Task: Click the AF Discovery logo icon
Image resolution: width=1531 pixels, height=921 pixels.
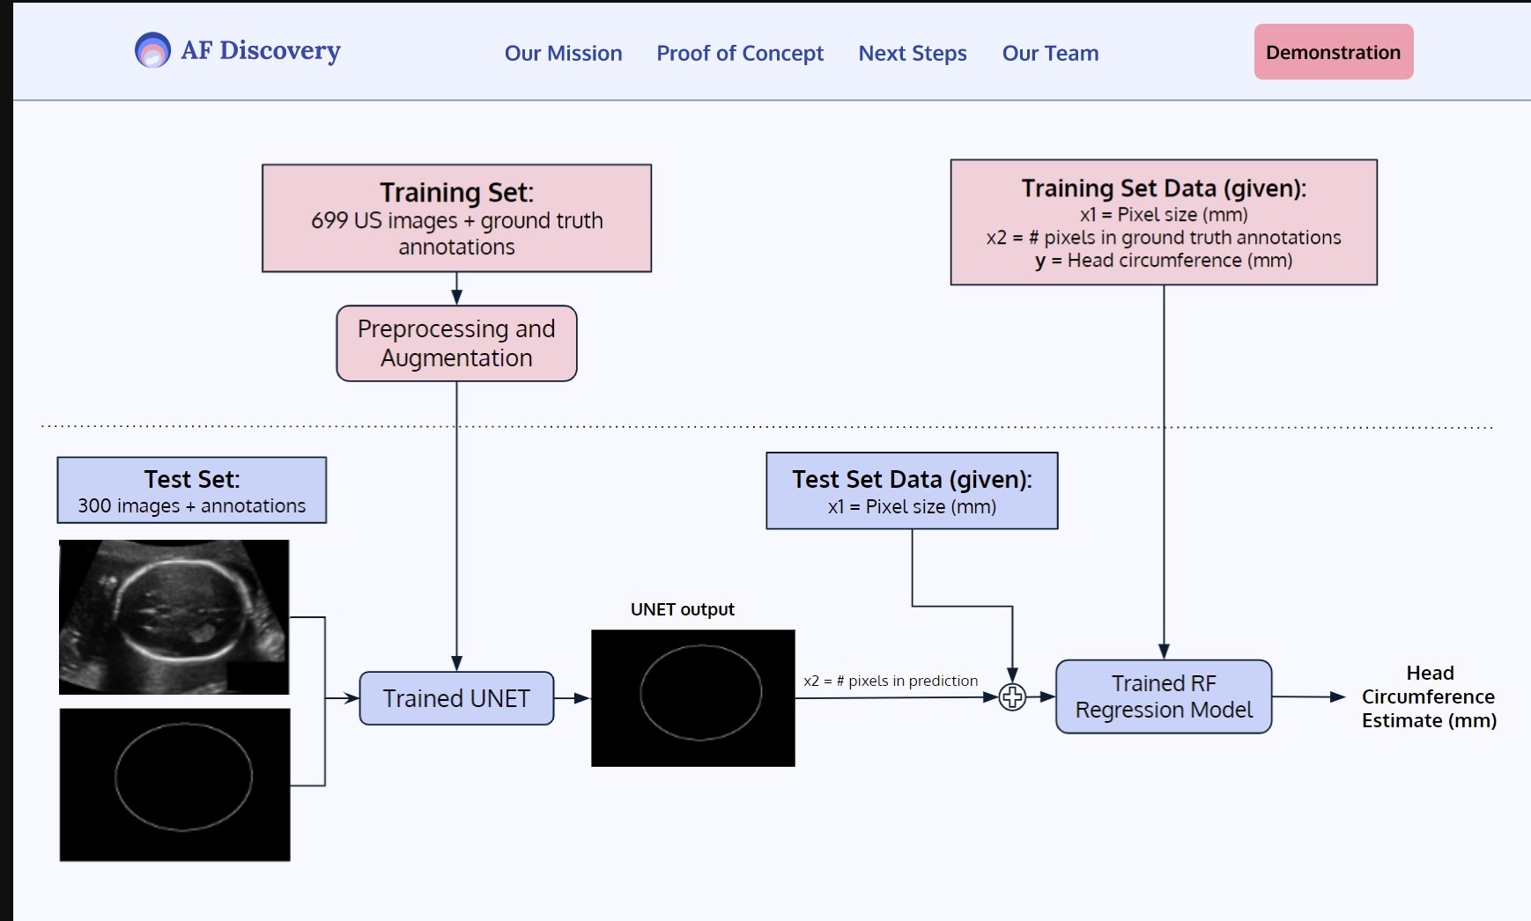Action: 152,50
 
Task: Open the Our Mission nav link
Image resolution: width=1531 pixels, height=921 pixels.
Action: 563,53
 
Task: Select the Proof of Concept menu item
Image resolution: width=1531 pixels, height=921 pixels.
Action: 740,53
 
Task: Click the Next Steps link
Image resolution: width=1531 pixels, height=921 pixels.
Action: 913,53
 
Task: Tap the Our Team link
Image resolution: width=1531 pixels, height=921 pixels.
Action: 1050,53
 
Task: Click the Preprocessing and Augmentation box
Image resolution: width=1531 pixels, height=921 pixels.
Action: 456,343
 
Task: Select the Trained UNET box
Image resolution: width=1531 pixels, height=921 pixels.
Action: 456,698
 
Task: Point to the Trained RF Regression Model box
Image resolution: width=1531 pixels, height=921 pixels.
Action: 1164,696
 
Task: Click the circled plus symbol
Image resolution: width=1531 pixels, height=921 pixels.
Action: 1012,697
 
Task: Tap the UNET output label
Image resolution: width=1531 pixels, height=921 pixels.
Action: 682,609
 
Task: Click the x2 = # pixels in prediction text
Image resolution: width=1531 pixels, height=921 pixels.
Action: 891,681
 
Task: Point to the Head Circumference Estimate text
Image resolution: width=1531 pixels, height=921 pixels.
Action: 1429,696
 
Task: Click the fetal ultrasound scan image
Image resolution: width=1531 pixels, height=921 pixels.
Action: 174,616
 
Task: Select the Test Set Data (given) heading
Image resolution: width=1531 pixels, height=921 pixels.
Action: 912,479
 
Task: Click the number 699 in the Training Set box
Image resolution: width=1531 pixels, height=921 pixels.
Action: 329,220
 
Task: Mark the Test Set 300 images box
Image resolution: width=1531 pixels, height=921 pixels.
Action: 192,490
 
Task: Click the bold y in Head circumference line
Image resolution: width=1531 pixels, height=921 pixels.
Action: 1040,261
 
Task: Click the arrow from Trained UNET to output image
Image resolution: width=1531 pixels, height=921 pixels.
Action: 573,698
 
